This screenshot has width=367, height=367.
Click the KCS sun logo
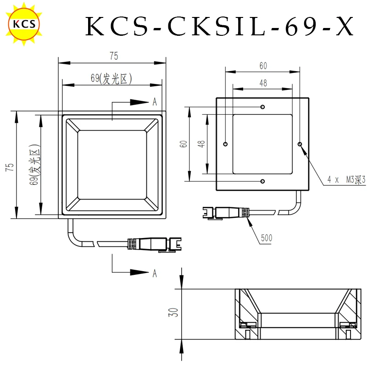pyautogui.click(x=24, y=24)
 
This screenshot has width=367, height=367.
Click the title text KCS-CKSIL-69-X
pyautogui.click(x=220, y=26)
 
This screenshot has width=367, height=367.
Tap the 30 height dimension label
pyautogui.click(x=173, y=312)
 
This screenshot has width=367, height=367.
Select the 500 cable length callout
pyautogui.click(x=267, y=238)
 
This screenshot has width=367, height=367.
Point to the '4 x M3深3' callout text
pyautogui.click(x=346, y=179)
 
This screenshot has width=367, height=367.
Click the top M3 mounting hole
pyautogui.click(x=262, y=107)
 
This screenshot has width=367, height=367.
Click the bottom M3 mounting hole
pyautogui.click(x=262, y=181)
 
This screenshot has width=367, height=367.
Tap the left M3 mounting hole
pyautogui.click(x=225, y=144)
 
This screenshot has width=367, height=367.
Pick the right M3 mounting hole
pyautogui.click(x=300, y=144)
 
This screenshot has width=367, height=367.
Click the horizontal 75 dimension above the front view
pyautogui.click(x=114, y=56)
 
